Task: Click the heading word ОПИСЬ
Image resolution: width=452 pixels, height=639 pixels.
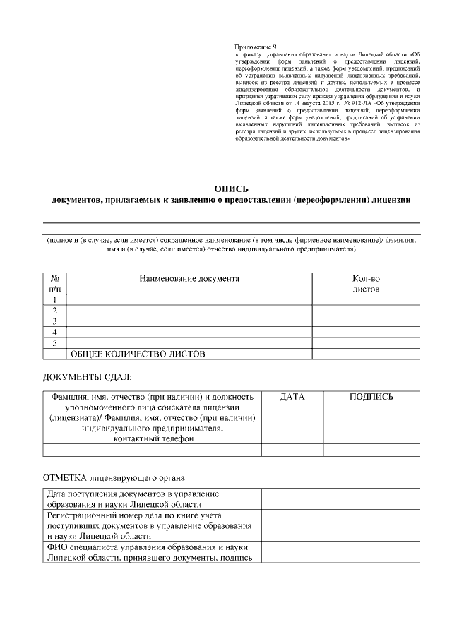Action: [x=231, y=188]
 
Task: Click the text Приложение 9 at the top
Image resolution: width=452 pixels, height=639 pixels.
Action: [x=256, y=46]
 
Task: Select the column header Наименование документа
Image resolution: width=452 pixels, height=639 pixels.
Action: [x=189, y=279]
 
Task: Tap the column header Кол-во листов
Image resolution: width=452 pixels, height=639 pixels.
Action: [x=366, y=284]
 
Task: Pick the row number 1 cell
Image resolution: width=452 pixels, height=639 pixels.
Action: [x=55, y=299]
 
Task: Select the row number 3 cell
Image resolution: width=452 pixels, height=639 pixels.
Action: [x=55, y=321]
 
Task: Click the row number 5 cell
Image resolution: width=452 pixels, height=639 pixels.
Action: [x=55, y=343]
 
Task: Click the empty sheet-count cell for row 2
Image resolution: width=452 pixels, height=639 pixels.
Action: [x=366, y=311]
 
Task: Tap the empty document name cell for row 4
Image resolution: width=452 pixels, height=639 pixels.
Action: [x=189, y=333]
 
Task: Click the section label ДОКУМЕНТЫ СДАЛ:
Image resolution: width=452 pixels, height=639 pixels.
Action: [x=87, y=378]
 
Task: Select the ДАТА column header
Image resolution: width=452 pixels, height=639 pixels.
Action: [x=292, y=398]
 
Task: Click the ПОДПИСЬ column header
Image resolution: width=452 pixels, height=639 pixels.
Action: [x=371, y=398]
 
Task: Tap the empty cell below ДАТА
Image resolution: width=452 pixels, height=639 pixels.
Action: [x=292, y=450]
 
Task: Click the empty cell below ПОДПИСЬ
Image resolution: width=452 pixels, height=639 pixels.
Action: [x=371, y=450]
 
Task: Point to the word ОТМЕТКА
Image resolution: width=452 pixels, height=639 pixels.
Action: [x=66, y=477]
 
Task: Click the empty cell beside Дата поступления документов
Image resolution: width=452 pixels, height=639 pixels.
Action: [x=340, y=498]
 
